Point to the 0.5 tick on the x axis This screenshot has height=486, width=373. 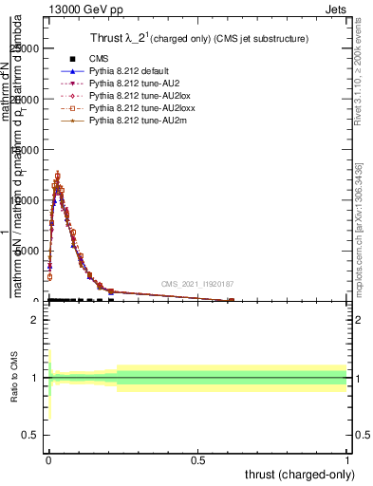coord(198,459)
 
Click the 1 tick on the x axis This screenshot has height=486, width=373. coord(348,459)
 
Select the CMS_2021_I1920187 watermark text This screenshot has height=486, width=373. coord(197,284)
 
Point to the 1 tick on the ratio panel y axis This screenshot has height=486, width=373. coord(34,378)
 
